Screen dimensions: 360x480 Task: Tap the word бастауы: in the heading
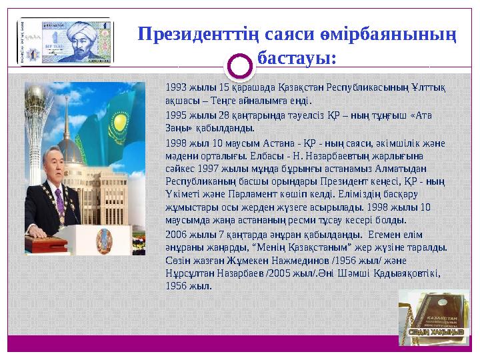click(x=297, y=59)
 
